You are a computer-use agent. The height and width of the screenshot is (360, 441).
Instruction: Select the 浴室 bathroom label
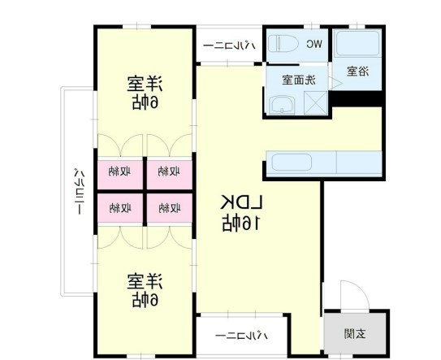click(357, 72)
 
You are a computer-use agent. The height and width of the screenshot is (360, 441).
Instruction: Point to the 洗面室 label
click(299, 80)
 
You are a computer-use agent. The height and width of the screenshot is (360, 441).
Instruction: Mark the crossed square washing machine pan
click(315, 103)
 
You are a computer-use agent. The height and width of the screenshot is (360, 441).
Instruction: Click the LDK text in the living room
click(241, 201)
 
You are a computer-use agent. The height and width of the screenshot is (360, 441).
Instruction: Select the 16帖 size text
click(241, 222)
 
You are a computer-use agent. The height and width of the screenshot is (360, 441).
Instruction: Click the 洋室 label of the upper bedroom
click(145, 83)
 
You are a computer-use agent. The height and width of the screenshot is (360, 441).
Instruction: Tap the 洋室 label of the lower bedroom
click(145, 281)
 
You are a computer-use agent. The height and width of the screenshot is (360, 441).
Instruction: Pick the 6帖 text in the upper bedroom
click(145, 102)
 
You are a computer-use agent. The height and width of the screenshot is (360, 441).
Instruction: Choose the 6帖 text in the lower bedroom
click(145, 300)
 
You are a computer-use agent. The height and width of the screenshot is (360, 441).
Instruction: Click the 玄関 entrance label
click(354, 333)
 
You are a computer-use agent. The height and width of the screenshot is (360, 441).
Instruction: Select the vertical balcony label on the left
click(79, 190)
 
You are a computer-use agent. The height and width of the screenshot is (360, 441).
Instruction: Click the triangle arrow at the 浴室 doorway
click(325, 82)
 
